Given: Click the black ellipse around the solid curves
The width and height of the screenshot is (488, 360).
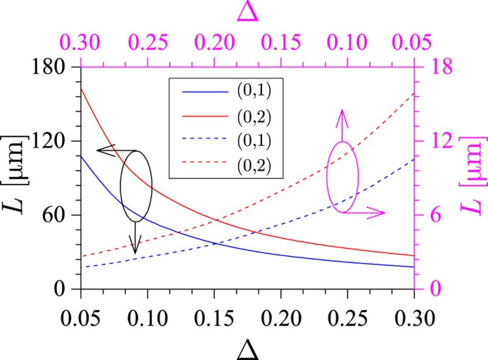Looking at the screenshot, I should (x=136, y=185).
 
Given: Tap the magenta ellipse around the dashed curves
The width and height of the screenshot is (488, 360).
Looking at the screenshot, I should (x=343, y=177).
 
